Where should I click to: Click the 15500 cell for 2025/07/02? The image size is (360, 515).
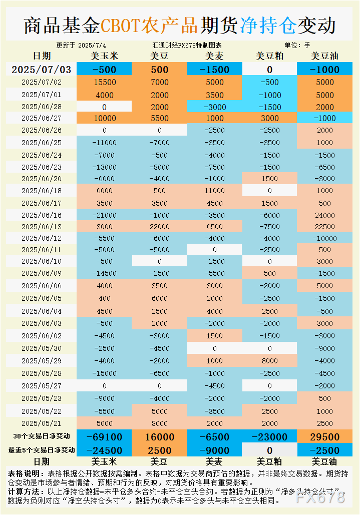[104, 83]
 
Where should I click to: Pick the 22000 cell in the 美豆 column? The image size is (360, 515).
[159, 226]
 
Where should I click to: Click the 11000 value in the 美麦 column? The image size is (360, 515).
[214, 190]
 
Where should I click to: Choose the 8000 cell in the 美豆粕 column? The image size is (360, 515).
[269, 360]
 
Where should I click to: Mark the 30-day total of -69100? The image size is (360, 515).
[104, 437]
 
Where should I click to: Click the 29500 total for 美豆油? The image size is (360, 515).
[324, 437]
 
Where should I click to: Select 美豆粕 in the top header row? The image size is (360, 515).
[269, 56]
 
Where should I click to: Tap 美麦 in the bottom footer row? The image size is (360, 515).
[214, 461]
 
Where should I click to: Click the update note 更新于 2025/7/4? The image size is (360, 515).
[81, 45]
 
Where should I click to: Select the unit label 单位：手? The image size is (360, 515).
[297, 45]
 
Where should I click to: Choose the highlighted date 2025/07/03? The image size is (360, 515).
[42, 69]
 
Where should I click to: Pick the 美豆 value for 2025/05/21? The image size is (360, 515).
[159, 423]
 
